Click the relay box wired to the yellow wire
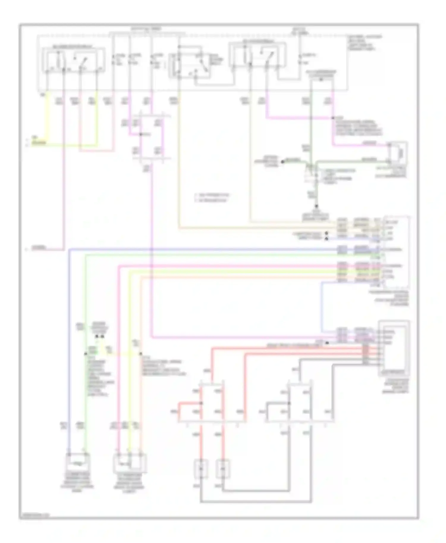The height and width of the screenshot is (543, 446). point(73,59)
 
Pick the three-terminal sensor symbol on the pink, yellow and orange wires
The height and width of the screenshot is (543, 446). point(130,463)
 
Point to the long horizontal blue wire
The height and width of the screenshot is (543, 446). point(202,249)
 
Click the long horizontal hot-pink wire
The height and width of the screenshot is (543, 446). point(226,266)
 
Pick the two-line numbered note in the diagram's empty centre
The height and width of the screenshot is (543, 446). point(212,198)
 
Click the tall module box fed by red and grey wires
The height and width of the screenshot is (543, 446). point(394,348)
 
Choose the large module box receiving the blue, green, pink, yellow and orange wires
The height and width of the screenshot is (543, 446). point(397,252)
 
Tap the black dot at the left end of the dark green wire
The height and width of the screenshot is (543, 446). point(283,162)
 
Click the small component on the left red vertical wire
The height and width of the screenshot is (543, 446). point(201,469)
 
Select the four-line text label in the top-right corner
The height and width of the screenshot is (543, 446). point(365,43)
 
